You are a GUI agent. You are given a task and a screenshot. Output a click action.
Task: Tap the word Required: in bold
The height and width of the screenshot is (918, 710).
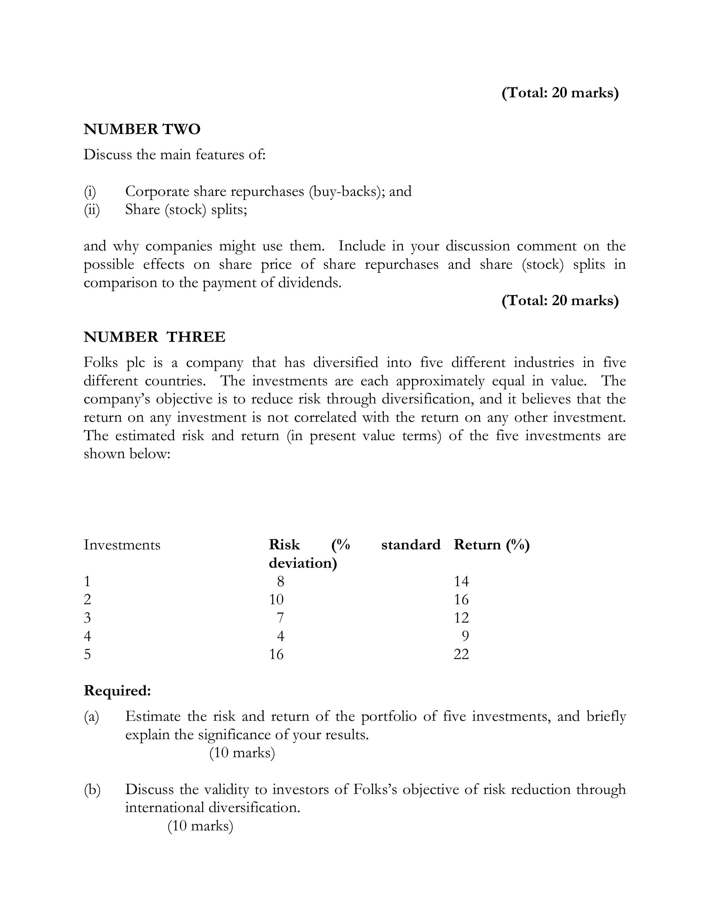coord(117,691)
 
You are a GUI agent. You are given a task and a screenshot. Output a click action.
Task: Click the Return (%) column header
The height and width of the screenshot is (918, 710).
coord(491,545)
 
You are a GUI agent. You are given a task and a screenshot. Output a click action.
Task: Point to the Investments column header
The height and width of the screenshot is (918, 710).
coord(122,545)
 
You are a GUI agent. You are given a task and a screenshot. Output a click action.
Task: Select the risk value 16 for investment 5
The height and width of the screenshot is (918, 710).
coord(276,654)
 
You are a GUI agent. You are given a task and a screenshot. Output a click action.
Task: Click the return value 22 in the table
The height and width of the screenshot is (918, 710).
coord(461,654)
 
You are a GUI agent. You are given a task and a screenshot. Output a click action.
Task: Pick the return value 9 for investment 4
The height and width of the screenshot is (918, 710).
coord(465,636)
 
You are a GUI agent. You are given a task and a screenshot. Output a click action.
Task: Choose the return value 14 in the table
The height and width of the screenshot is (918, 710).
coord(461,581)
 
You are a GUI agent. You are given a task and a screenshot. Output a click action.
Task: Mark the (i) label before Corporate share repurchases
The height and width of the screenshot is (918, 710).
coord(90,192)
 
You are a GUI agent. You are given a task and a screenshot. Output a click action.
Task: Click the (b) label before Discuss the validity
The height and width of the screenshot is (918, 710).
coord(92,789)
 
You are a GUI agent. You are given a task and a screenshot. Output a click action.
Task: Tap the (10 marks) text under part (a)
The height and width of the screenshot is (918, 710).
coord(242,752)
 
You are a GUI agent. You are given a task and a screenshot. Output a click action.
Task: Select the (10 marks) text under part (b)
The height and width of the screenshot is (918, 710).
coord(200,826)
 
